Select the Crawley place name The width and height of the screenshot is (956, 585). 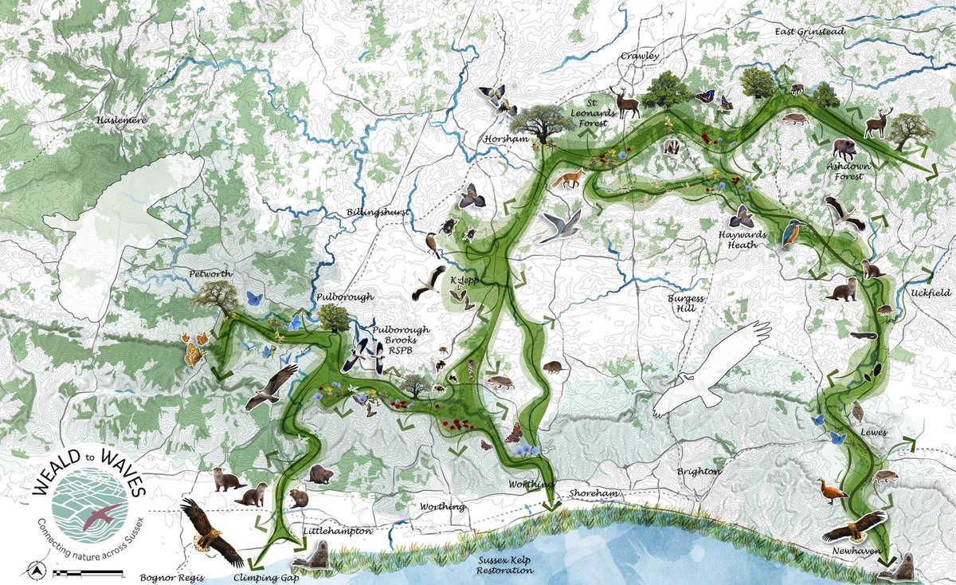coord(641,57)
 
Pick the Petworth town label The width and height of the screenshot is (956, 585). coord(210,273)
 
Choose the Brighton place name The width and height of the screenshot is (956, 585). coord(699,471)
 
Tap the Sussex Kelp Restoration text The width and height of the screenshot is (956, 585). coord(503,566)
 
